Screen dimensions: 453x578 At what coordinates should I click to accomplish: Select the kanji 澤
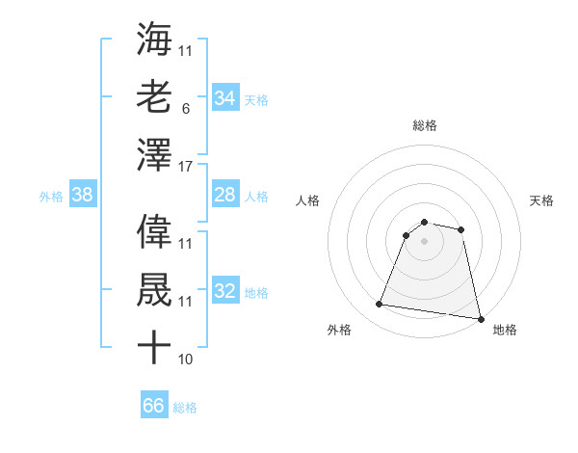(155, 153)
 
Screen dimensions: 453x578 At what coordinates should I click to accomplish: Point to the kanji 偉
(155, 230)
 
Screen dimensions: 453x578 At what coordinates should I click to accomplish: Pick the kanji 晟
(155, 288)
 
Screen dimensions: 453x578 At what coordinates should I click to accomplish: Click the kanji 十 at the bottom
(155, 346)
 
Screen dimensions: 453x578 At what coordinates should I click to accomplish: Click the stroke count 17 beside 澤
(186, 167)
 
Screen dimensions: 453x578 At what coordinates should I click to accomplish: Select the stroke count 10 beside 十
(186, 360)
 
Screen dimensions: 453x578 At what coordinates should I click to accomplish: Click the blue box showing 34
(224, 98)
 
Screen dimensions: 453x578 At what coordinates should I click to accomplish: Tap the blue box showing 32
(224, 292)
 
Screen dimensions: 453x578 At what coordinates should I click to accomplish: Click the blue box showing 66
(153, 406)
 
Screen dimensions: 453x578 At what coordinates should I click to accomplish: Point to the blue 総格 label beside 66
(185, 408)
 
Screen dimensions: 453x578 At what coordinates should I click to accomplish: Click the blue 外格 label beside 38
(51, 197)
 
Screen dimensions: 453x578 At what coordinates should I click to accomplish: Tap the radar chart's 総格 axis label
(424, 125)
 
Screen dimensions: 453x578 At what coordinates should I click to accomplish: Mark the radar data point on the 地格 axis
(479, 318)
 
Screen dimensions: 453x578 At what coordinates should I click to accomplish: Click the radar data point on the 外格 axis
(379, 305)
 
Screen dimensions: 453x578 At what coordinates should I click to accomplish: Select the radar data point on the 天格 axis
(461, 229)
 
